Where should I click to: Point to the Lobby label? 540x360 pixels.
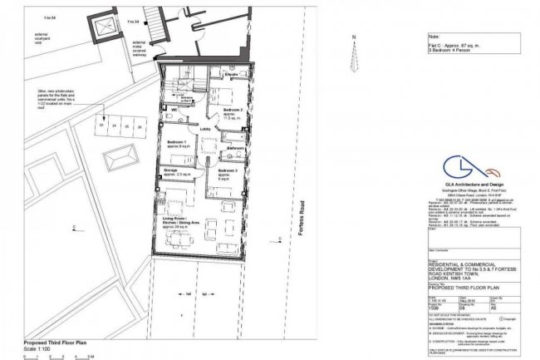coord(204,130)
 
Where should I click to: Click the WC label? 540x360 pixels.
coord(175,109)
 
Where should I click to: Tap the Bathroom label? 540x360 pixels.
coord(233,148)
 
